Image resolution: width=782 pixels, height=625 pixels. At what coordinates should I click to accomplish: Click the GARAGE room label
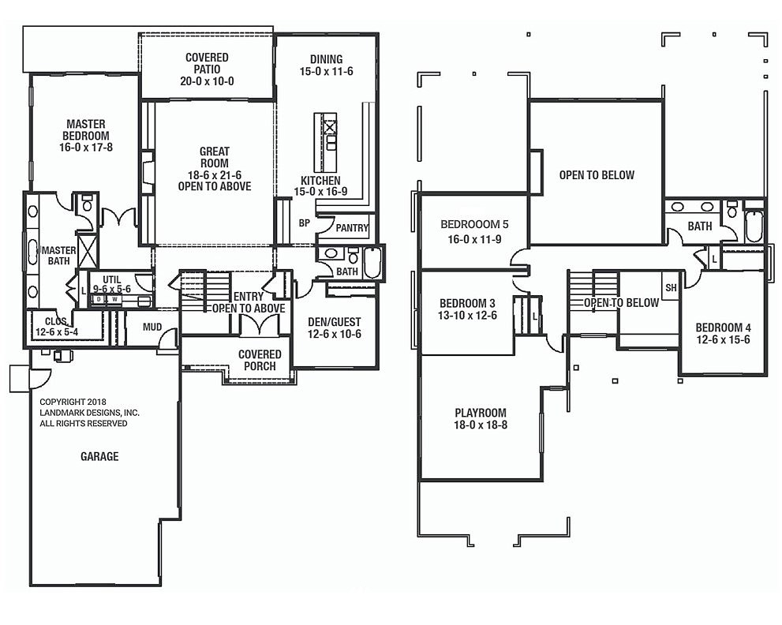[99, 456]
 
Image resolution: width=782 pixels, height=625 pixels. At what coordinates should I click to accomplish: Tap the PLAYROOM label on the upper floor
[481, 413]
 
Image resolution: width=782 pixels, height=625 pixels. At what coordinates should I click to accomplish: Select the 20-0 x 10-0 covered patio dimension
[207, 81]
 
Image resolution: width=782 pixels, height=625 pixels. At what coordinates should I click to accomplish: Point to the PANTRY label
[352, 228]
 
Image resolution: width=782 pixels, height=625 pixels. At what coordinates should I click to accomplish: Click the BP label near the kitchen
[305, 223]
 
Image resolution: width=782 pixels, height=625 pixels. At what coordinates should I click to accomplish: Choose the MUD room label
[152, 327]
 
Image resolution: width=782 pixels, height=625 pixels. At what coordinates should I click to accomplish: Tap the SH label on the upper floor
[671, 288]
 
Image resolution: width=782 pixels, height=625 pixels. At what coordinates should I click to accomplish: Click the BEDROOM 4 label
[723, 327]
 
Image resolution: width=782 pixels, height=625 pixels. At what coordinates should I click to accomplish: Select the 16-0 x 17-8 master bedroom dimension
[86, 147]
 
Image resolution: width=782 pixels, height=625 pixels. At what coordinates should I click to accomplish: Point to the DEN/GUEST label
[334, 322]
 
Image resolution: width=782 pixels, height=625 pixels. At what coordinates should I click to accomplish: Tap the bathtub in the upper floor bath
[754, 226]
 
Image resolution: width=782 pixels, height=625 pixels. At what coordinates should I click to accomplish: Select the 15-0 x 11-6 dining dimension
[326, 71]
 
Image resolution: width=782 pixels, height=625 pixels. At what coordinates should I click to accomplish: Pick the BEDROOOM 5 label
[474, 224]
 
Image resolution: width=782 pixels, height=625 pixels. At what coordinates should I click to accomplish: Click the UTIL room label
[112, 279]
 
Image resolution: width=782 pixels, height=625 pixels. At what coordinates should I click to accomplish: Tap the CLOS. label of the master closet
[56, 322]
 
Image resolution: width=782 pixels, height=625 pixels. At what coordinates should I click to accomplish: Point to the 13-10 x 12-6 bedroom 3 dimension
[467, 315]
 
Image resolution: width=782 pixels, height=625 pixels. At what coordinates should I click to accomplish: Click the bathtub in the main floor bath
[372, 262]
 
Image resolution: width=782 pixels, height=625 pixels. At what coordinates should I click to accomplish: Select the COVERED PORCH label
[260, 360]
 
